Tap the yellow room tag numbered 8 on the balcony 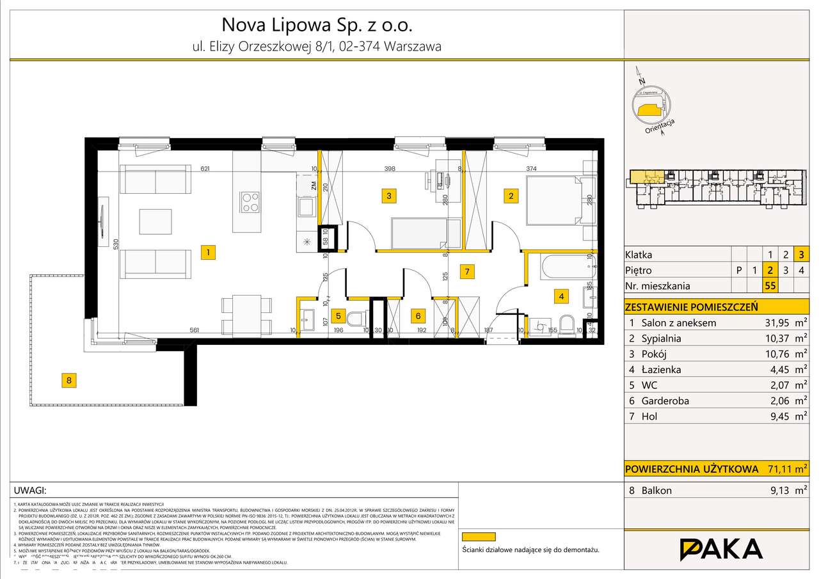click(70, 381)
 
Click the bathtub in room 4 click(564, 267)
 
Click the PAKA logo click(721, 549)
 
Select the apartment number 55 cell click(770, 286)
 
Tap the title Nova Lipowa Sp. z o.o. click(317, 25)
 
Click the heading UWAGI click(30, 491)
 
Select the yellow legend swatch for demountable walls click(479, 537)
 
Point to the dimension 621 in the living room click(205, 169)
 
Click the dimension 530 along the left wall click(115, 244)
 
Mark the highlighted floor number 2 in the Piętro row click(770, 270)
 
